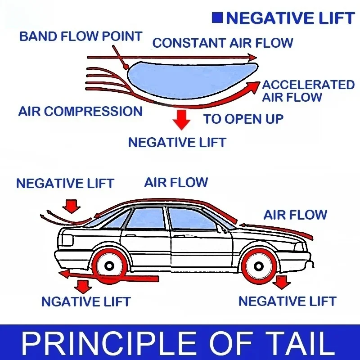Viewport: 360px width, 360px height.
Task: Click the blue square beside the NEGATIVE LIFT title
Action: (x=217, y=18)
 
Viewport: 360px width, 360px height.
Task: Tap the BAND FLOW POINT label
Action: (x=81, y=36)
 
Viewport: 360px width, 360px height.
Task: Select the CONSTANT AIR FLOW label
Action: (x=223, y=43)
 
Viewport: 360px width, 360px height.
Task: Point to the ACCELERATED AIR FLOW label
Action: (x=308, y=91)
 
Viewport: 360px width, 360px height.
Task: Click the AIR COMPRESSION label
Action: (x=81, y=111)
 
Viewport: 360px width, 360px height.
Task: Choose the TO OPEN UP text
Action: (x=243, y=119)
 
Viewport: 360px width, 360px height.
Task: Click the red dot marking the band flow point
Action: (x=126, y=67)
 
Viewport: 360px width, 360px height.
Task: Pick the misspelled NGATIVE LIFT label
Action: (x=86, y=301)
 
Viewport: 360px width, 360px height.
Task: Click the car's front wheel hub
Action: (x=258, y=266)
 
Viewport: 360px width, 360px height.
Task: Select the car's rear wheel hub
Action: (x=109, y=266)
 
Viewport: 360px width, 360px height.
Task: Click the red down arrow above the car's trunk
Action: (x=72, y=206)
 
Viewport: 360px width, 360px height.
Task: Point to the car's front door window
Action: (x=192, y=219)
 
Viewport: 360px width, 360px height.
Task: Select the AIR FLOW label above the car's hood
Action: (x=295, y=215)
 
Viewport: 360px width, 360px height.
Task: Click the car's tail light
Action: (x=67, y=240)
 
